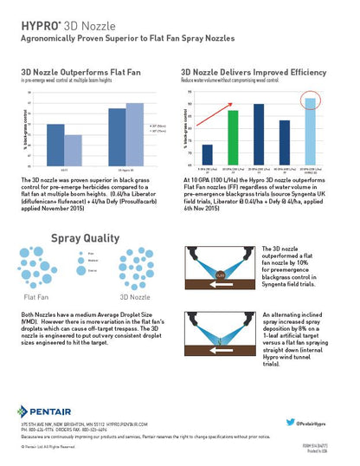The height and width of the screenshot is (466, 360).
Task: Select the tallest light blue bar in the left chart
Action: [x=135, y=133]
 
